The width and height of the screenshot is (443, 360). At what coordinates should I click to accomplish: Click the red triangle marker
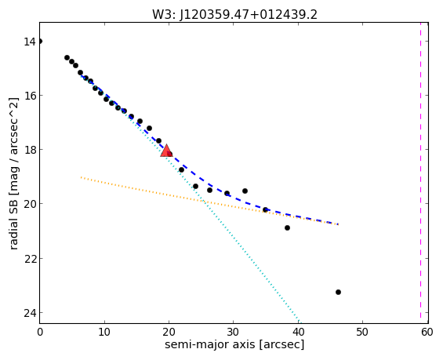[166, 151]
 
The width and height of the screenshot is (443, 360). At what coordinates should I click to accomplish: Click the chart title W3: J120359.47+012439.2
[234, 14]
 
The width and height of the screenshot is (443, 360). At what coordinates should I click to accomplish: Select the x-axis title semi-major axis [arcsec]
[234, 345]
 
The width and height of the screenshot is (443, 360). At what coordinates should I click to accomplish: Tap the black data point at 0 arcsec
[40, 42]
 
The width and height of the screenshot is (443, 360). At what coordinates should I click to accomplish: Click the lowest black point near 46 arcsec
[338, 293]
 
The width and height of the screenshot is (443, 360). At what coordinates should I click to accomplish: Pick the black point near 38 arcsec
[287, 227]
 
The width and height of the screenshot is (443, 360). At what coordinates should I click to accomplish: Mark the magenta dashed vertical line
[420, 173]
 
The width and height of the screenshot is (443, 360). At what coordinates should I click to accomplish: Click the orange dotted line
[209, 201]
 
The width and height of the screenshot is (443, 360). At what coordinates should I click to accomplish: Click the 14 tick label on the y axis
[30, 42]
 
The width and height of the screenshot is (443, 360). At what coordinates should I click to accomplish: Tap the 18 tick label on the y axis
[30, 150]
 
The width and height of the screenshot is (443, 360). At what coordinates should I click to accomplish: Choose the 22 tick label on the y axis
[30, 259]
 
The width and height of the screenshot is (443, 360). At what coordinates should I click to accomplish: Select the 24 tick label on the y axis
[30, 313]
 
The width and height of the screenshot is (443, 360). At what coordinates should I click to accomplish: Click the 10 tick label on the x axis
[104, 332]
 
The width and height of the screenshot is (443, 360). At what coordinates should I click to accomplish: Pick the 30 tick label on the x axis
[233, 332]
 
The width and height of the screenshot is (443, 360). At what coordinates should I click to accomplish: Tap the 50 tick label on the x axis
[362, 332]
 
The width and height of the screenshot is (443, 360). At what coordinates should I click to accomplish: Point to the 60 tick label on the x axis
[427, 332]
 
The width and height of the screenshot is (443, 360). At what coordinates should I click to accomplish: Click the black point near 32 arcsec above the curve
[245, 191]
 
